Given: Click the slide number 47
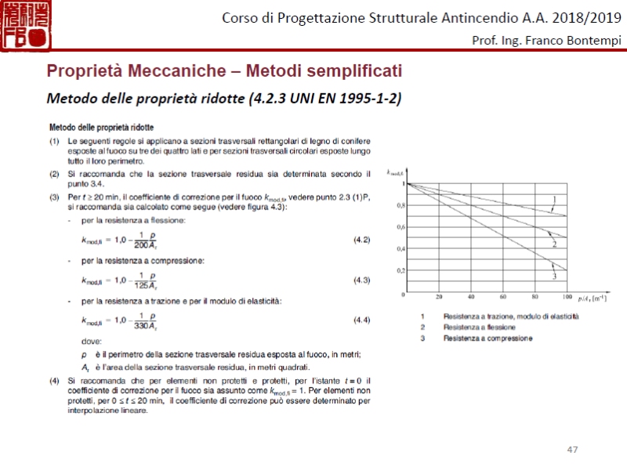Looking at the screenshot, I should pyautogui.click(x=572, y=449).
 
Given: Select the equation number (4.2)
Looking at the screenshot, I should pyautogui.click(x=361, y=239).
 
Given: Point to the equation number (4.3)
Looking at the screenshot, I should pyautogui.click(x=361, y=279).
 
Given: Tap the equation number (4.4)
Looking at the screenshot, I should pyautogui.click(x=361, y=319).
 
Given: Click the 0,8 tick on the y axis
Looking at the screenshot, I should pyautogui.click(x=401, y=205).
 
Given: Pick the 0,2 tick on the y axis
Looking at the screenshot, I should pyautogui.click(x=401, y=270).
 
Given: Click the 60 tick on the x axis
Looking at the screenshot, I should pyautogui.click(x=502, y=298).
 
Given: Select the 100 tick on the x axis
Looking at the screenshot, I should pyautogui.click(x=567, y=298).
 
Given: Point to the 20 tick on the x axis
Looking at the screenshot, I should pyautogui.click(x=439, y=298).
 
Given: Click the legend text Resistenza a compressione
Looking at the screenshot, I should pyautogui.click(x=487, y=338).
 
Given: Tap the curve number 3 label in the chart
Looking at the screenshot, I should pyautogui.click(x=554, y=277).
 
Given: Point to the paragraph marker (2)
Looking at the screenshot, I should pyautogui.click(x=54, y=173).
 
